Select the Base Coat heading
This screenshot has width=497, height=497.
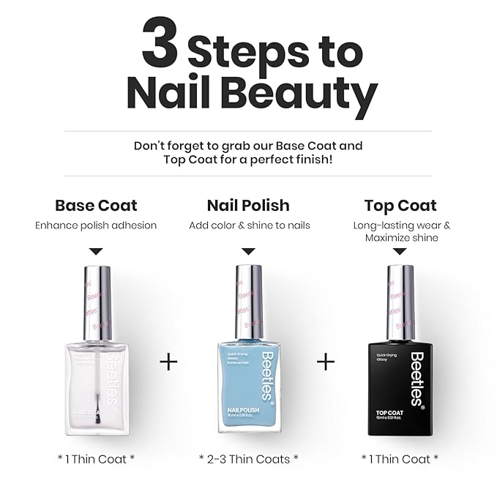[x=96, y=205]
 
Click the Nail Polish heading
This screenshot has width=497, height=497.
[x=248, y=205]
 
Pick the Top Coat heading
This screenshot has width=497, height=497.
[x=400, y=205]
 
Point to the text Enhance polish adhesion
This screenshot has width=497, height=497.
[x=96, y=225]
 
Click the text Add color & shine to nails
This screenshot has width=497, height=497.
[x=249, y=225]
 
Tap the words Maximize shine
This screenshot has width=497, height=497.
[x=400, y=238]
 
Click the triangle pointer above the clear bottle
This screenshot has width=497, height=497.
[x=96, y=251]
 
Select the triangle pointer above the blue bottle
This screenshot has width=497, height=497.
[x=248, y=251]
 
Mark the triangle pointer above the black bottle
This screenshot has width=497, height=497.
[x=400, y=251]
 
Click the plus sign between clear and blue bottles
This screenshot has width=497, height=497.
[x=168, y=362]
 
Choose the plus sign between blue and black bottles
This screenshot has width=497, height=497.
[x=325, y=362]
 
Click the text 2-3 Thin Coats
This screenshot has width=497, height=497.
[x=248, y=458]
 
